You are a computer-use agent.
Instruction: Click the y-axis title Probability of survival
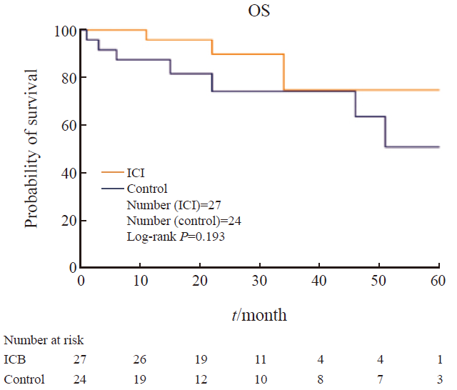(31, 149)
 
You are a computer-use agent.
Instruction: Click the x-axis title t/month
(261, 314)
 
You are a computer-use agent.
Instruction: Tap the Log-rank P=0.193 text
(176, 236)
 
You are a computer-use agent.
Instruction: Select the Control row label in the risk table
(24, 379)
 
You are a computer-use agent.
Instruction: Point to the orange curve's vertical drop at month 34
(284, 72)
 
